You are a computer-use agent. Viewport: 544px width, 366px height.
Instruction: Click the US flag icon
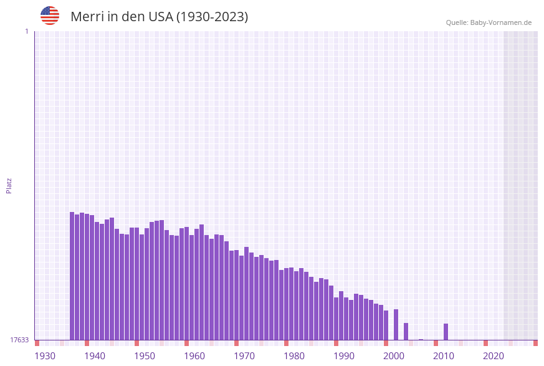pyautogui.click(x=50, y=16)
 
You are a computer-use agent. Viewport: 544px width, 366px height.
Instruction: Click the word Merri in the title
pyautogui.click(x=87, y=17)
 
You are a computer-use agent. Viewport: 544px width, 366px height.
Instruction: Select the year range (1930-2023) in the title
pyautogui.click(x=212, y=17)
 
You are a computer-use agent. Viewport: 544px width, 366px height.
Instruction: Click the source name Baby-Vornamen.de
pyautogui.click(x=501, y=22)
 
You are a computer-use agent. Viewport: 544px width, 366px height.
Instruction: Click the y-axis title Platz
pyautogui.click(x=9, y=185)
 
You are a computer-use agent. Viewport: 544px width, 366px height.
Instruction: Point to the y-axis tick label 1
pyautogui.click(x=27, y=31)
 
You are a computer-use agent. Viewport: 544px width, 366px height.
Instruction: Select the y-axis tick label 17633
pyautogui.click(x=19, y=340)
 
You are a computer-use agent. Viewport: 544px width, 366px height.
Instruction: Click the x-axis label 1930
pyautogui.click(x=45, y=356)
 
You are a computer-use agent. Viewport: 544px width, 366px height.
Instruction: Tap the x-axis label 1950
pyautogui.click(x=145, y=356)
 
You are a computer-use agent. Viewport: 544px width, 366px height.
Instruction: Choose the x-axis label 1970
pyautogui.click(x=244, y=356)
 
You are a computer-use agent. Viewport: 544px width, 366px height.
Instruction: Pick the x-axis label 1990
pyautogui.click(x=344, y=356)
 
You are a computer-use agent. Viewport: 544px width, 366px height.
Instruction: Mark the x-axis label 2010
pyautogui.click(x=444, y=356)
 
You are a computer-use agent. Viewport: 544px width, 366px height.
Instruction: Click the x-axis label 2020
pyautogui.click(x=494, y=356)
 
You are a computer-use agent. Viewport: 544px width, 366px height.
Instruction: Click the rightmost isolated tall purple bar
pyautogui.click(x=446, y=332)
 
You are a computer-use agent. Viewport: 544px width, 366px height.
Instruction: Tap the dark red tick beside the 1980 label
pyautogui.click(x=286, y=343)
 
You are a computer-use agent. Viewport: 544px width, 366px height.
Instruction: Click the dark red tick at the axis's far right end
pyautogui.click(x=535, y=343)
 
